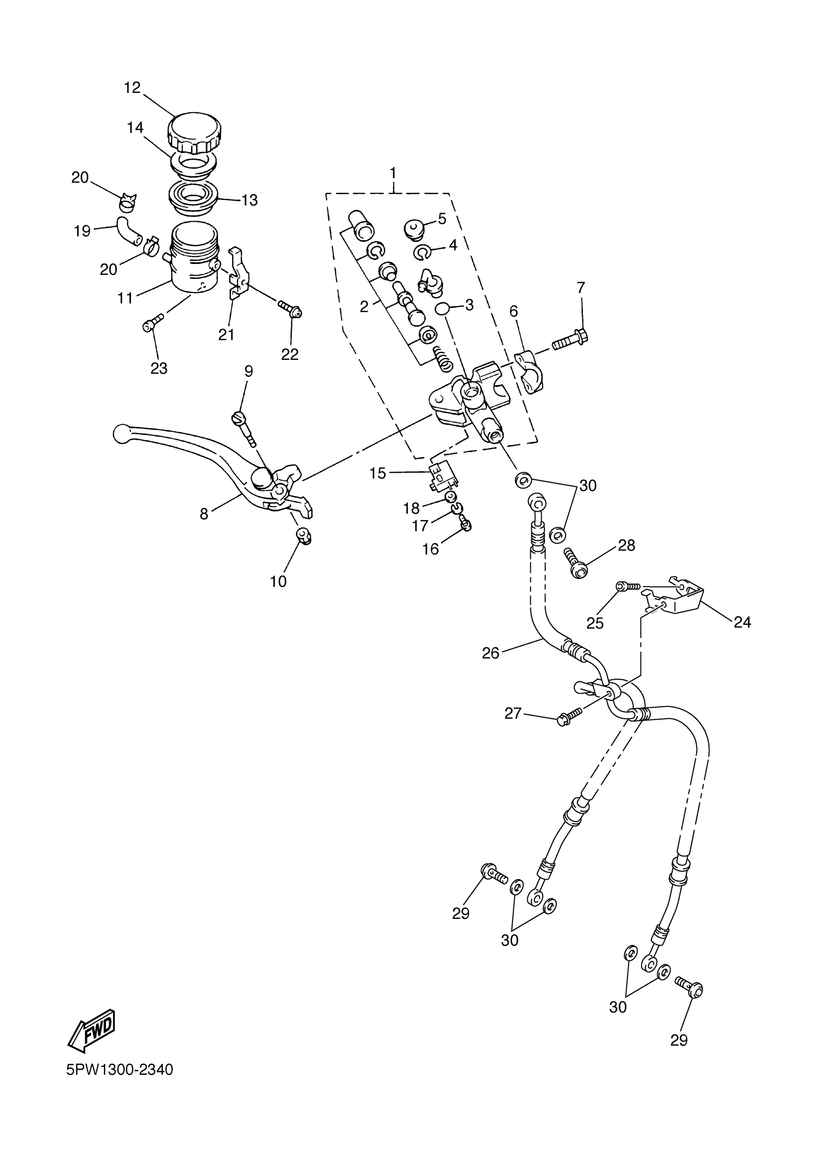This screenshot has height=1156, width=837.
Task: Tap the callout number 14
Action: tap(135, 128)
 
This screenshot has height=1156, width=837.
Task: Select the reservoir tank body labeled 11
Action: tap(193, 260)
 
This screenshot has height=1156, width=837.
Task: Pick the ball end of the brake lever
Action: tap(122, 433)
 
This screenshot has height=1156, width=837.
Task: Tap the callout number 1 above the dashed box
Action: tap(393, 173)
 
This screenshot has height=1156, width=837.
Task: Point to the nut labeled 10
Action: tap(304, 536)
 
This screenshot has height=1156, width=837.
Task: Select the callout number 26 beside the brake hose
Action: tap(490, 653)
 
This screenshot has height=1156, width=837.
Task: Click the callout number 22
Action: tap(290, 354)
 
